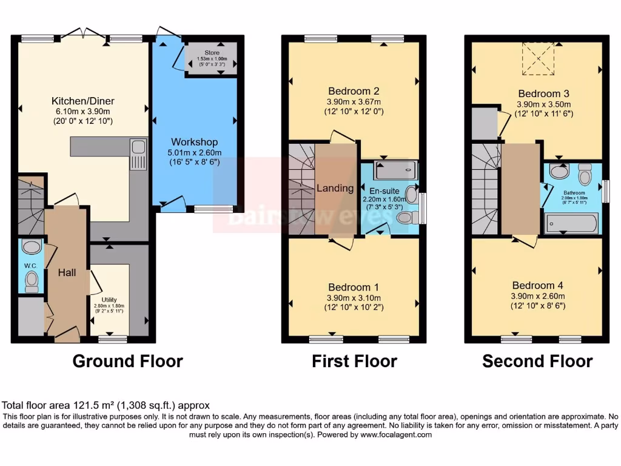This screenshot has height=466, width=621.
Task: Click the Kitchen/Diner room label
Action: tap(83, 101)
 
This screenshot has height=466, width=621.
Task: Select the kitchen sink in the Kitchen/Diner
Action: tap(138, 154)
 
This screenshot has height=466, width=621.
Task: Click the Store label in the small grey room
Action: tap(212, 44)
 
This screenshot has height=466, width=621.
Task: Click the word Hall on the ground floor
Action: tap(67, 273)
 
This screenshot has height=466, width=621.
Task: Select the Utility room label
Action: tap(109, 300)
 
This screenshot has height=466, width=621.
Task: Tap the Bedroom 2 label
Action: tap(354, 92)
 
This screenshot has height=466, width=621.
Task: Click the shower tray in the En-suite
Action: tap(395, 170)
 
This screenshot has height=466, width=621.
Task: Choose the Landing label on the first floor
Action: tap(335, 188)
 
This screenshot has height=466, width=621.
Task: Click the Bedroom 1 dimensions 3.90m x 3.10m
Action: tap(354, 297)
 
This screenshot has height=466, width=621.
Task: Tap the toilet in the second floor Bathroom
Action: tap(585, 174)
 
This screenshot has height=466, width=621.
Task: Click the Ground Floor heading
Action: tap(127, 362)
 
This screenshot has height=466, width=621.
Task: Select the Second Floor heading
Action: tap(537, 362)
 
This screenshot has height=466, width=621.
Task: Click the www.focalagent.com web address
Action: tap(396, 434)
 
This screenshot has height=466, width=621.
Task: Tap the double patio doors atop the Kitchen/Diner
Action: tap(83, 34)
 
